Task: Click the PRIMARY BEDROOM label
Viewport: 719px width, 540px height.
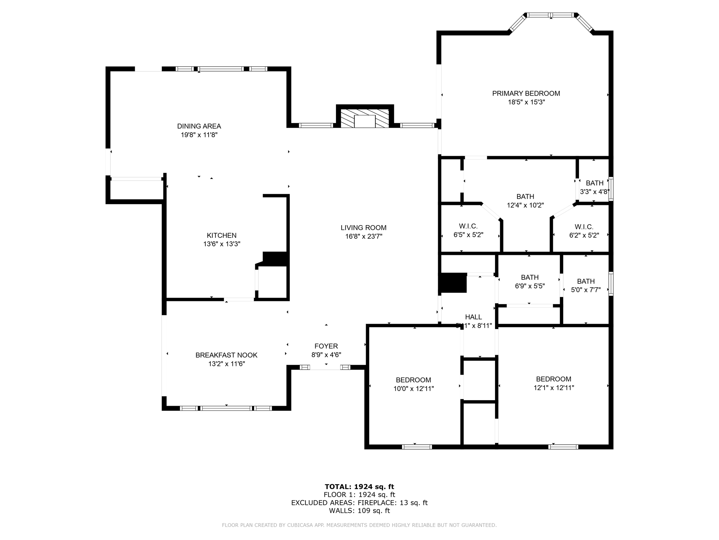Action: coord(526,94)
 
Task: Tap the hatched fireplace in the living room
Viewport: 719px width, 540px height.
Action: coord(365,118)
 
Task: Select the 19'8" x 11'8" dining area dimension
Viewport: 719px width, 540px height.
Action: coord(199,135)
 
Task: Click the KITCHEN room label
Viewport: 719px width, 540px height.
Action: coord(222,236)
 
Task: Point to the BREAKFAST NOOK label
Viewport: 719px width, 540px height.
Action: coord(226,355)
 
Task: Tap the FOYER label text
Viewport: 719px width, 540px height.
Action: coord(326,346)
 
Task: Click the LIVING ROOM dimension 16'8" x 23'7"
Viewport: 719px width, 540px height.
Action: coord(363,237)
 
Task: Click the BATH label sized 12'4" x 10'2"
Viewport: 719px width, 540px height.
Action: coord(525,201)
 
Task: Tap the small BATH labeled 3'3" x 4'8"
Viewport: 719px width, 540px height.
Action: coord(594,187)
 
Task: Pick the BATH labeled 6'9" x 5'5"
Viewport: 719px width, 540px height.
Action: coord(529,282)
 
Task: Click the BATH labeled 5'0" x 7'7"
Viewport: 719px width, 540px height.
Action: coord(586,285)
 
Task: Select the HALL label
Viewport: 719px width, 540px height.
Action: coord(473,317)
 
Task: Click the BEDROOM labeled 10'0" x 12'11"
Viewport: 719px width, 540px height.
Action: coord(413,384)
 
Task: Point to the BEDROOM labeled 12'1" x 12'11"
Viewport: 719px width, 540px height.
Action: coord(553,383)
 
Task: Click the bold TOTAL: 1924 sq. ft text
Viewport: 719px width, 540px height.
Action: coord(359,487)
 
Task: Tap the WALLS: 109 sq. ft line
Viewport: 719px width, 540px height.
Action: coord(359,511)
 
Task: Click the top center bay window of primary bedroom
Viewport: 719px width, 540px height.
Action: coord(550,15)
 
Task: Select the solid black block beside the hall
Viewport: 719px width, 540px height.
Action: coord(453,283)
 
